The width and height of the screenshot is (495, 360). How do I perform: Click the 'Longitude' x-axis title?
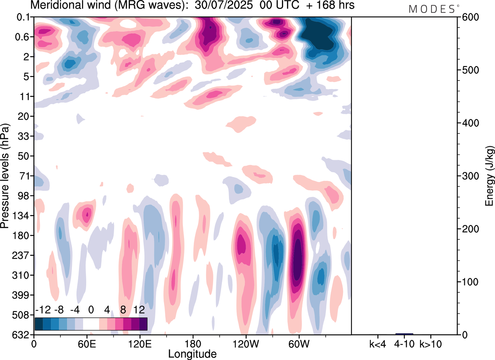click(192, 353)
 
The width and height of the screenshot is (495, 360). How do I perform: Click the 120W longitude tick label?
click(245, 343)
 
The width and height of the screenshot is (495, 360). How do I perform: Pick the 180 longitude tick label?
click(192, 343)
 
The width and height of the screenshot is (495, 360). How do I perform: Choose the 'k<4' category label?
click(378, 343)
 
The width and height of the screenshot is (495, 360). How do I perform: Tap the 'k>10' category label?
click(431, 343)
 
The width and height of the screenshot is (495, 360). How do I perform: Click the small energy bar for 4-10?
click(404, 334)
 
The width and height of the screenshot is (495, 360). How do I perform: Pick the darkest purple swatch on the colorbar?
click(143, 324)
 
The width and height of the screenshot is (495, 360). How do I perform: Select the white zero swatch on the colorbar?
click(91, 324)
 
